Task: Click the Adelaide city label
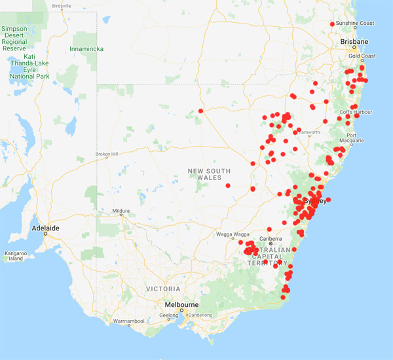tap(46, 228)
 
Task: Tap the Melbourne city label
tap(181, 304)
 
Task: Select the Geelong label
tap(168, 315)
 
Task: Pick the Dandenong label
tap(200, 315)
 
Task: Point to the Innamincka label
tap(90, 48)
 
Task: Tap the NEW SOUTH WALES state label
tap(210, 175)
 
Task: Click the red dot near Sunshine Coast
tap(332, 24)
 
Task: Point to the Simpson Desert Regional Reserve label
tap(14, 39)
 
